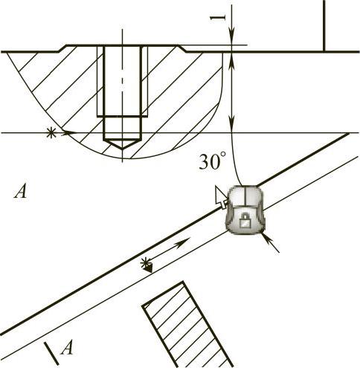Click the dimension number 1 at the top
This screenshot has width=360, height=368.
pos(218,18)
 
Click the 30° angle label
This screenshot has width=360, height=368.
pos(213,161)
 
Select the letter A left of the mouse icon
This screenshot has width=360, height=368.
pos(21,192)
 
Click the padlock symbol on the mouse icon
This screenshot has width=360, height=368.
pos(245,221)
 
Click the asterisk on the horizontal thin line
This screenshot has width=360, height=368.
pos(51,133)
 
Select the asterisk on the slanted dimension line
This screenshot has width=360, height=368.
pos(145,262)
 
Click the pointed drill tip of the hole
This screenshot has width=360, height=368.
pos(122,143)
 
